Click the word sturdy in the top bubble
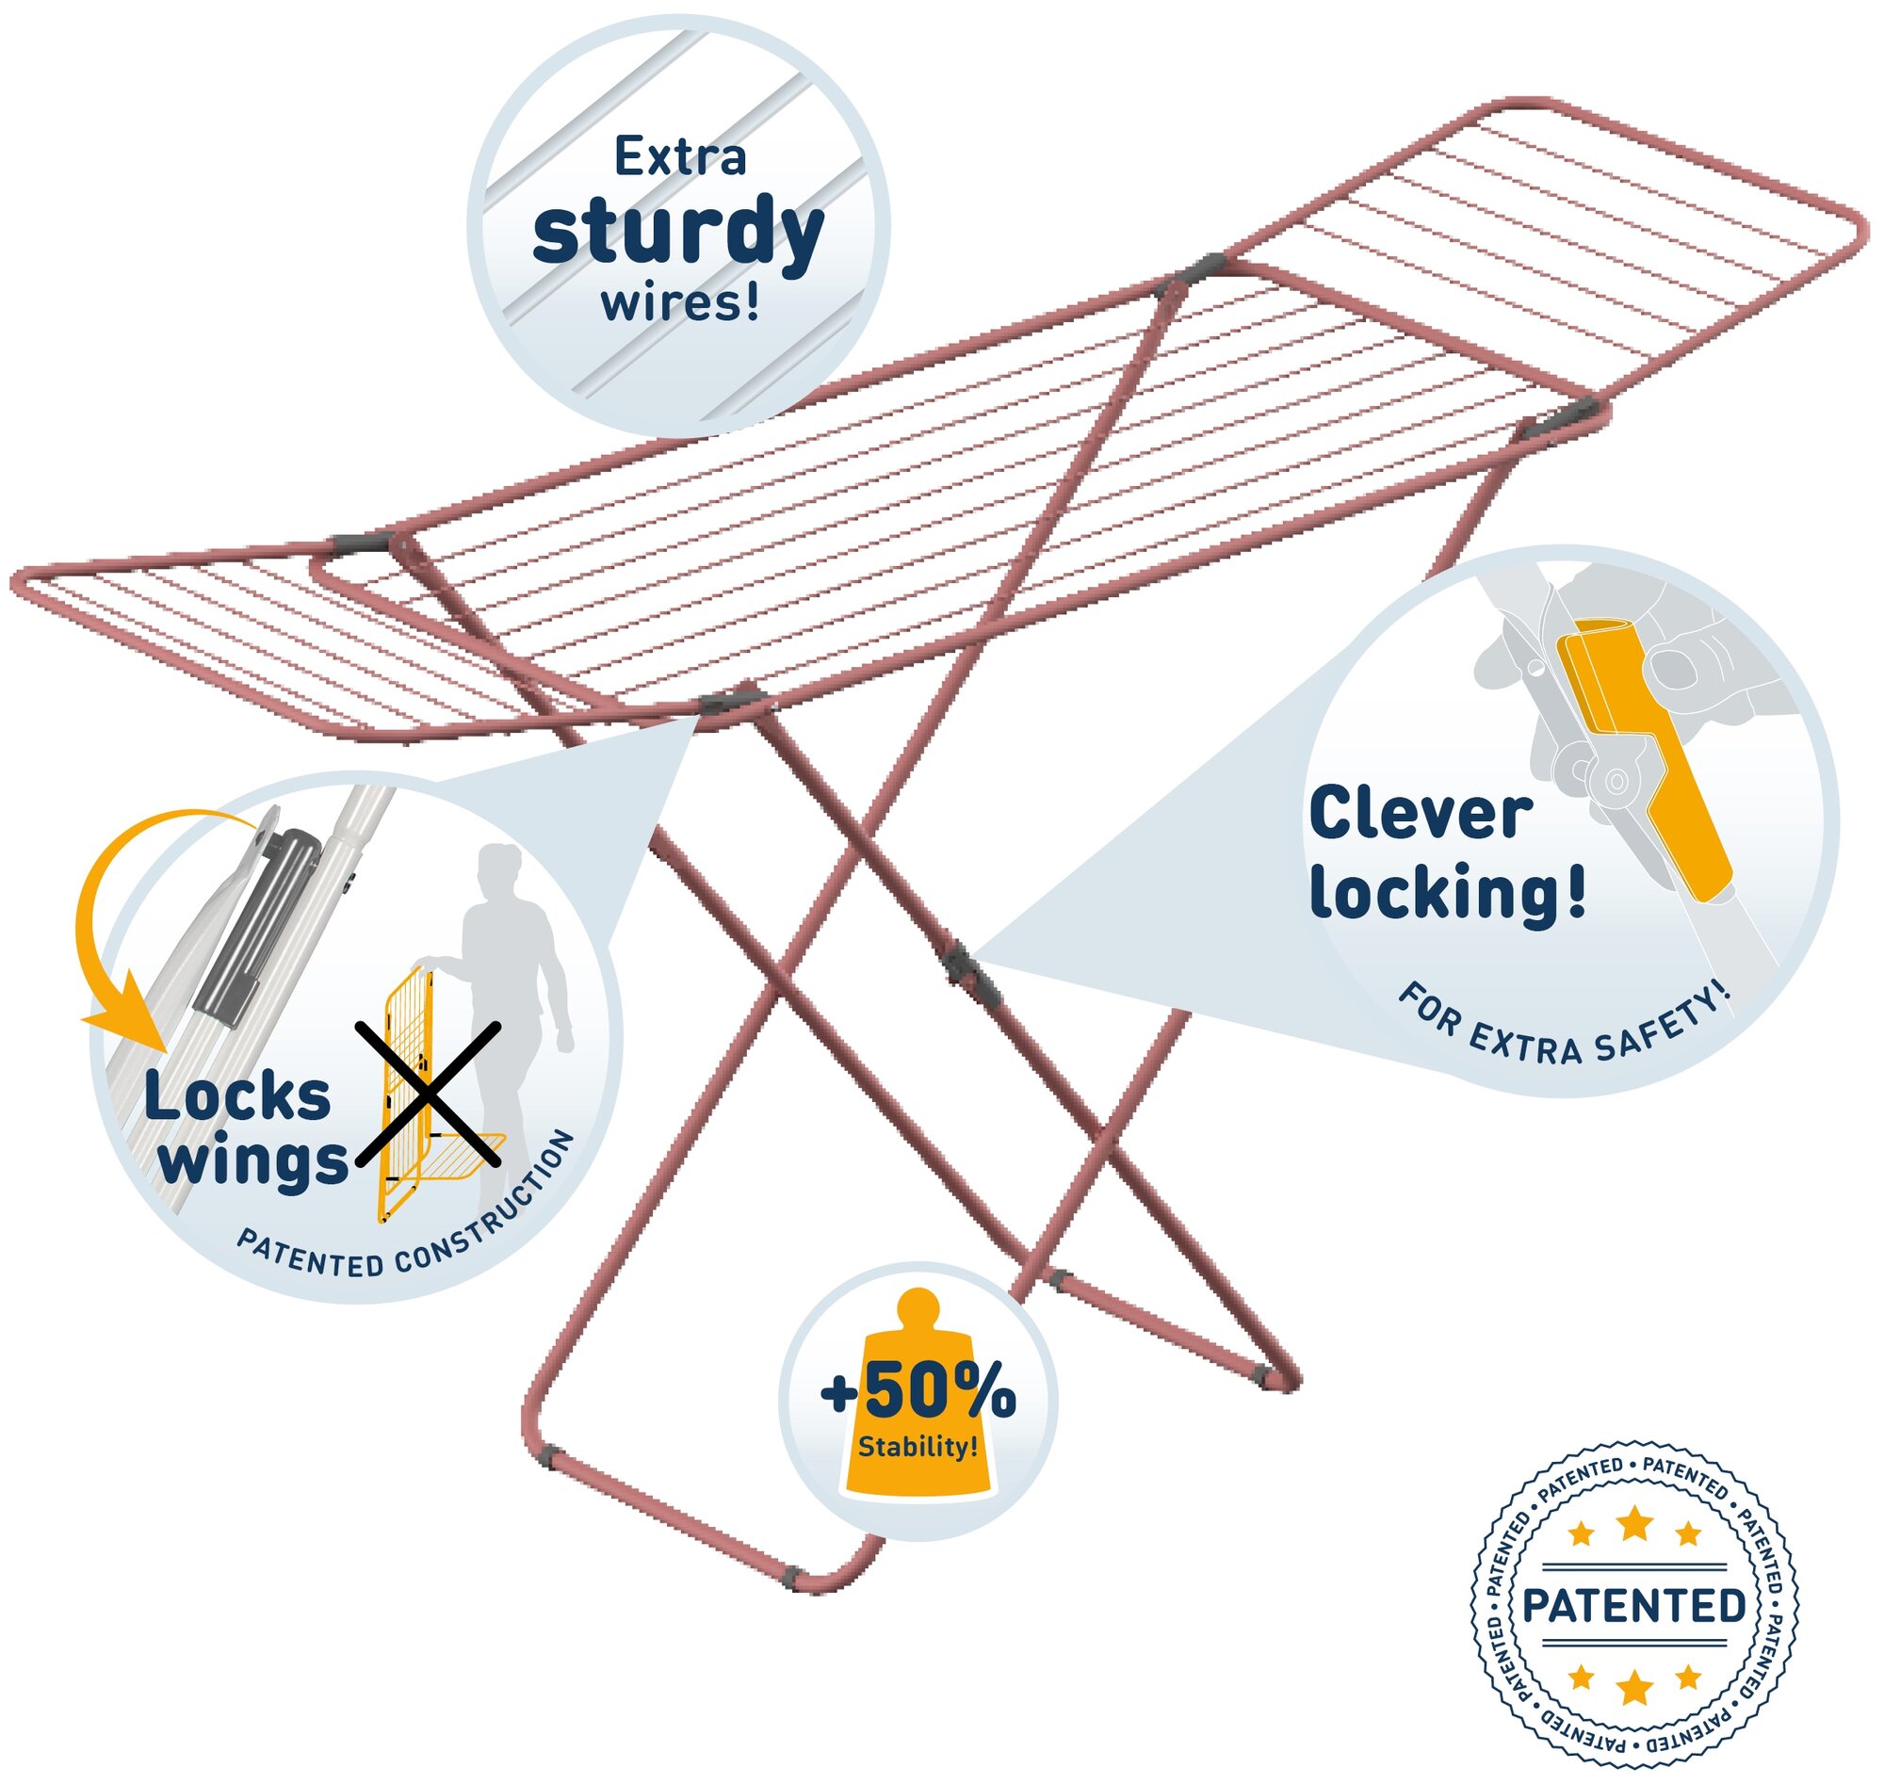point(677,231)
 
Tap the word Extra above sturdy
point(679,157)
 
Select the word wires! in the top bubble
point(680,303)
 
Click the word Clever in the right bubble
point(1419,815)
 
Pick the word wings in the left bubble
point(252,1162)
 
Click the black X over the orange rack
point(428,1094)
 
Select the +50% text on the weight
point(918,1394)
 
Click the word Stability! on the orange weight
point(917,1448)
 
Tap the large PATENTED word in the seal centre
point(1633,1606)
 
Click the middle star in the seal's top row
point(1633,1523)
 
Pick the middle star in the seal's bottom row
point(1633,1687)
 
